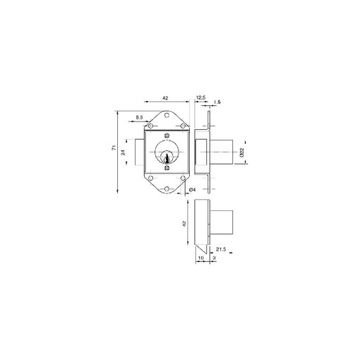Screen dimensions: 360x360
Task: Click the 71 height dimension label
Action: tap(114, 148)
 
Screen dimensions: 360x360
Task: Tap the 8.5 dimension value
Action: tap(139, 117)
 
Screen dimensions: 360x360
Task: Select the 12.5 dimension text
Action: tap(200, 97)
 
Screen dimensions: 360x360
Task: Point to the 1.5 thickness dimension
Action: tap(217, 102)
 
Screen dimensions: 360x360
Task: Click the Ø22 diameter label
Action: tap(241, 152)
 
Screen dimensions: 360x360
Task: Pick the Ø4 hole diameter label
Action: tap(193, 189)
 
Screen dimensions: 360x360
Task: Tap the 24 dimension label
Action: tap(123, 152)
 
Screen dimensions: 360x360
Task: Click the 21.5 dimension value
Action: tap(221, 249)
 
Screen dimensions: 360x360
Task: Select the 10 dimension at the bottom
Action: tap(200, 258)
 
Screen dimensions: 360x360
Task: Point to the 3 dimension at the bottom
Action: tap(214, 258)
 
